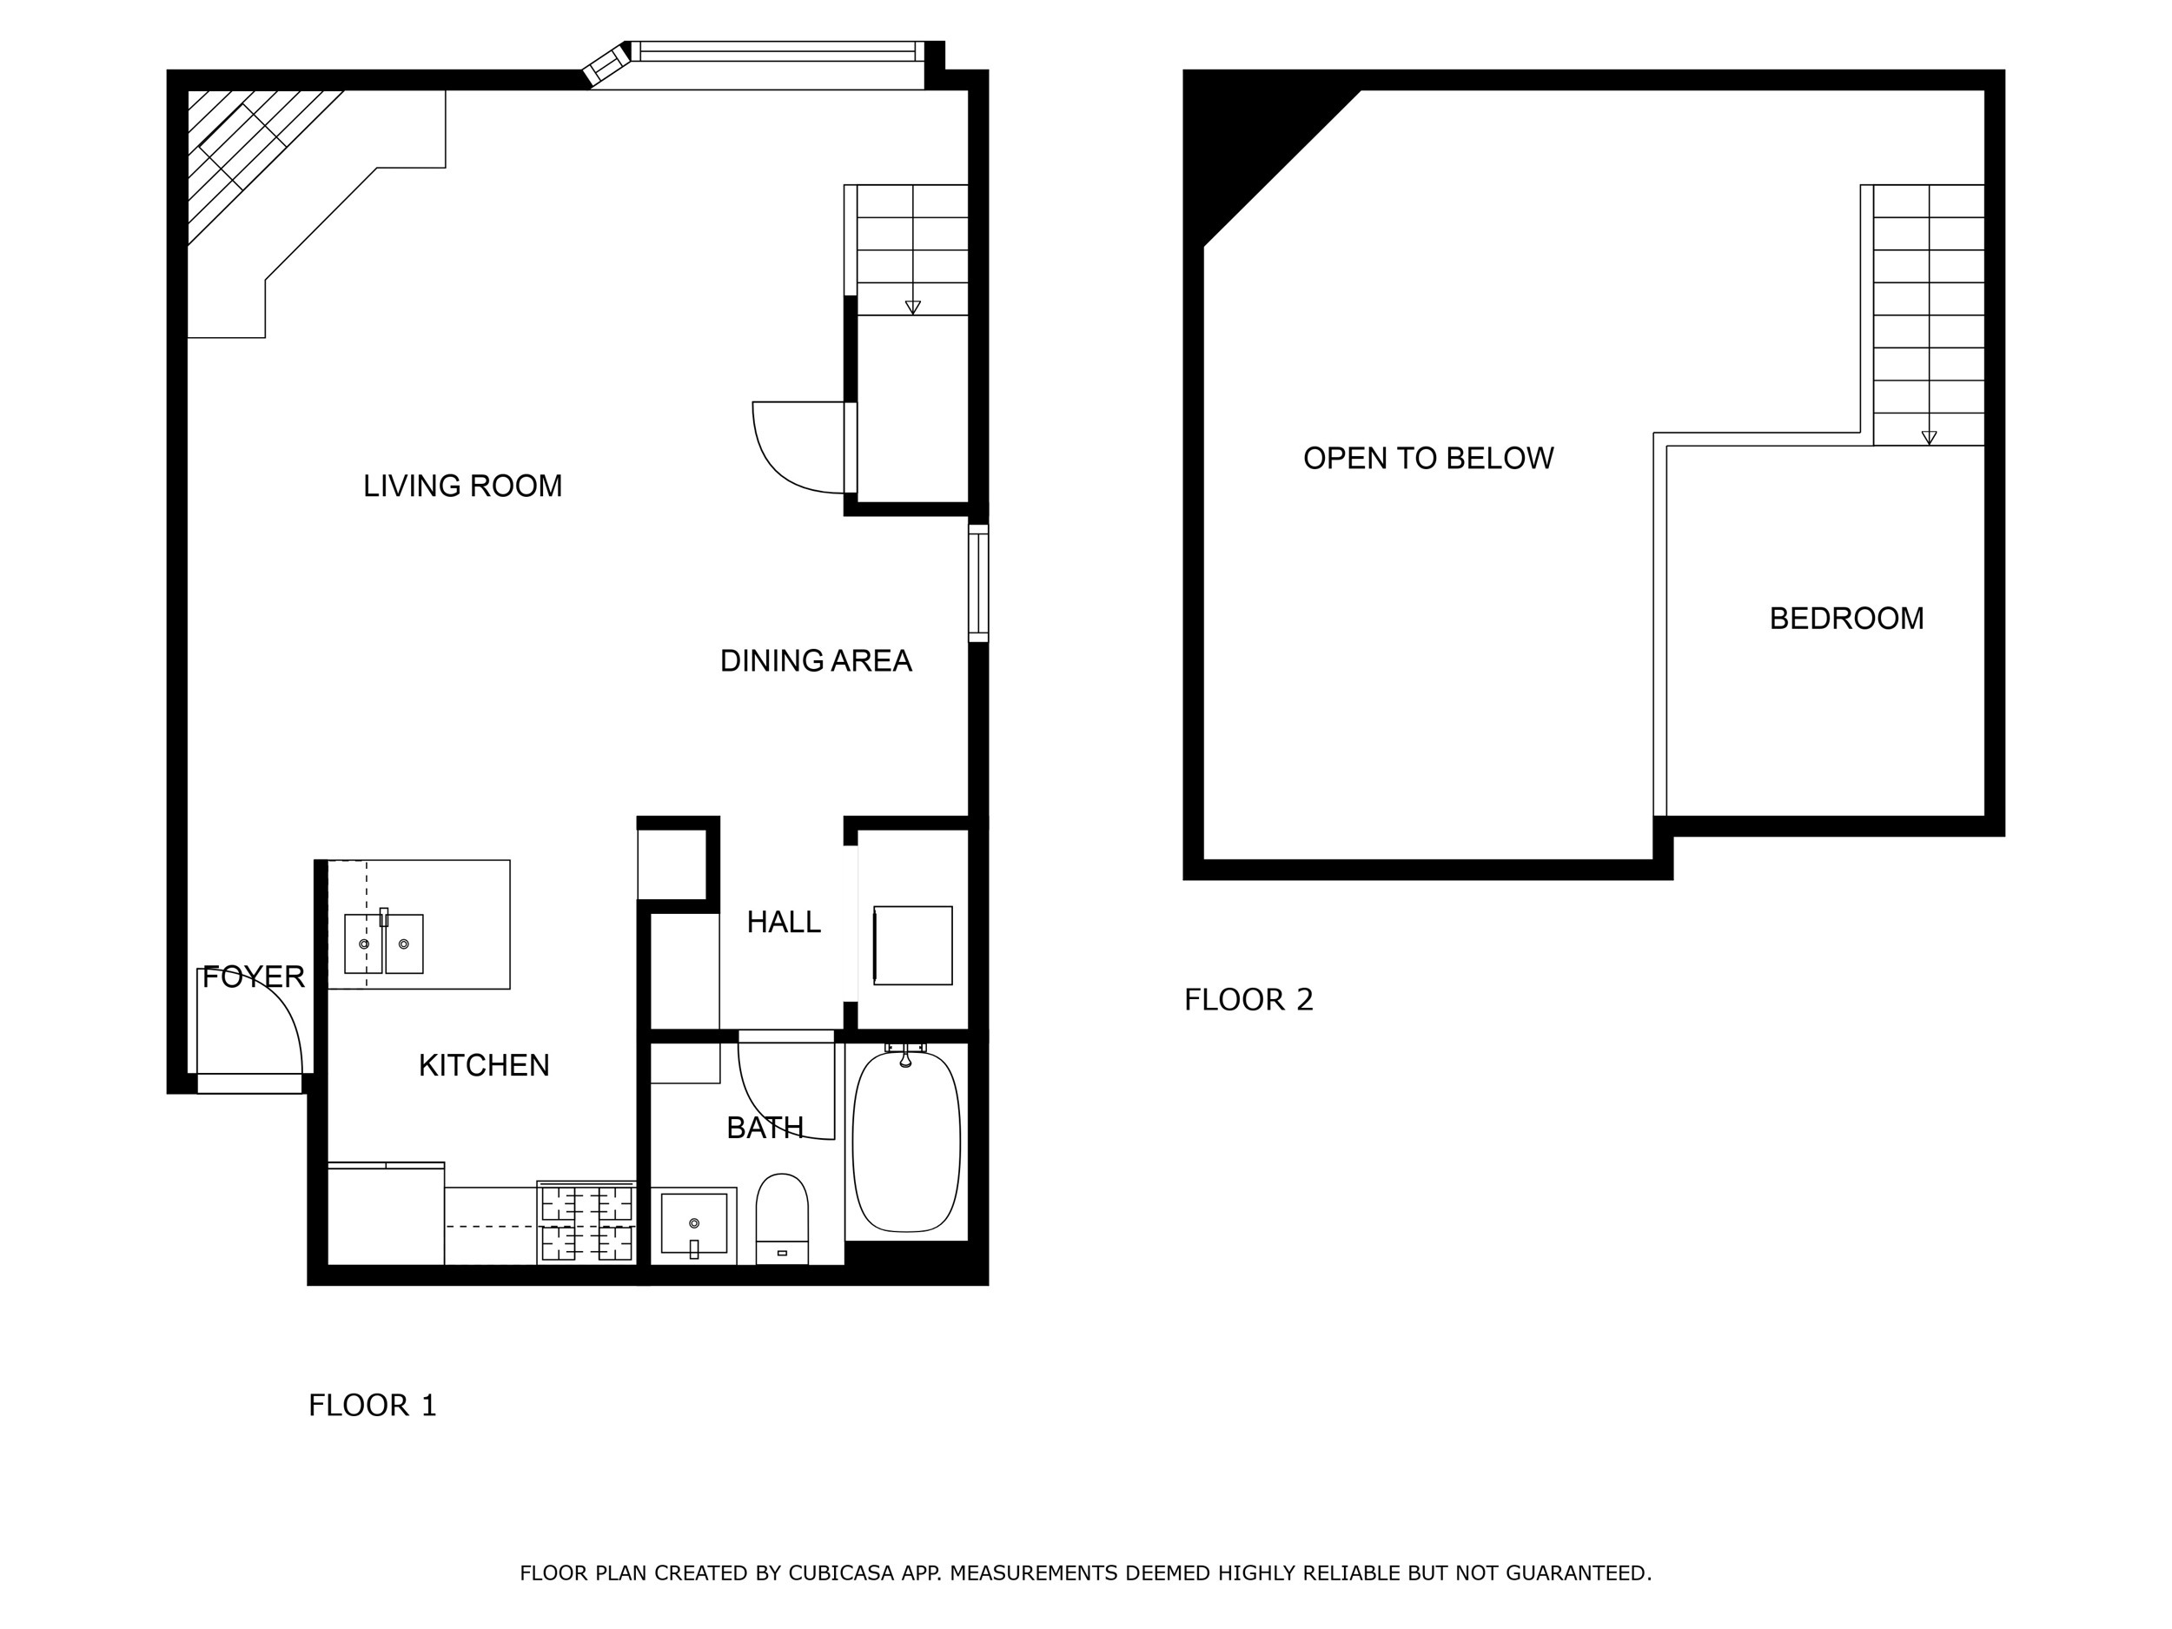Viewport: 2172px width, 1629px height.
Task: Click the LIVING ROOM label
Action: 462,486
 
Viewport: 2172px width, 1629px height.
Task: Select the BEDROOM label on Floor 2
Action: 1846,619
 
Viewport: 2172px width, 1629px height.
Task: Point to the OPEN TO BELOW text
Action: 1427,459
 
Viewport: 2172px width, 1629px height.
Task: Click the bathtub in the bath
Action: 905,1142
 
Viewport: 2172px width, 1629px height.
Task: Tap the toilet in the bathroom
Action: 782,1217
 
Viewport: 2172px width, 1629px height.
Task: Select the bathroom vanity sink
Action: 694,1223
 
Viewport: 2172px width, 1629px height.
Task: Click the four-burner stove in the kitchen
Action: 587,1222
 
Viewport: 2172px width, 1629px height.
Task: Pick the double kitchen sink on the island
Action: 384,943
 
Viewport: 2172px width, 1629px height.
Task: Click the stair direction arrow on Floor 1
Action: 912,308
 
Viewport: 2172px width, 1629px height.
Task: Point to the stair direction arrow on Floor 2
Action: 1929,438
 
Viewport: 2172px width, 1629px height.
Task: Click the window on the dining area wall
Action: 978,583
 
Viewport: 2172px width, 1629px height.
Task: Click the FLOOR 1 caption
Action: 372,1405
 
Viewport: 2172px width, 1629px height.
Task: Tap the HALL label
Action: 783,922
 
